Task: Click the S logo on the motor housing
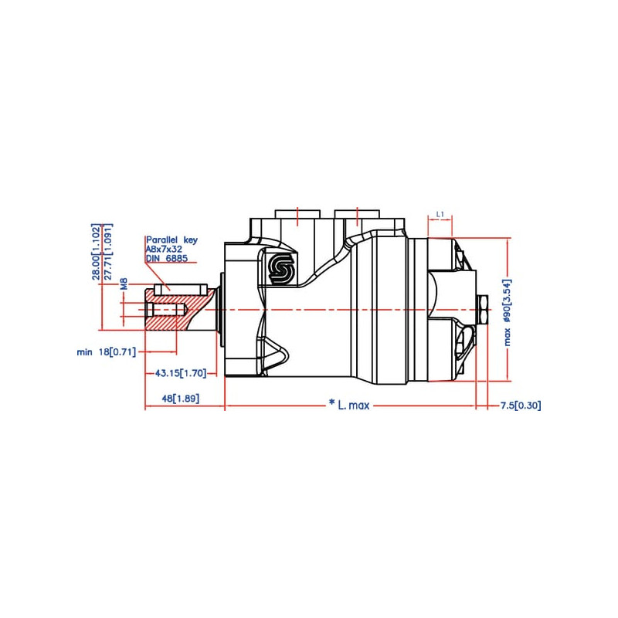280,267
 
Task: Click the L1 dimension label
440,215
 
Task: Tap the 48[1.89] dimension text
181,399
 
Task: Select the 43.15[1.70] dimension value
181,373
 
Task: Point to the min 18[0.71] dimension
107,351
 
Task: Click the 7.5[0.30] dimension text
521,405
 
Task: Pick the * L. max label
349,405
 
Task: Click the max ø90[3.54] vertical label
508,312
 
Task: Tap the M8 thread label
124,284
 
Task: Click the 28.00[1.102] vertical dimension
96,252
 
